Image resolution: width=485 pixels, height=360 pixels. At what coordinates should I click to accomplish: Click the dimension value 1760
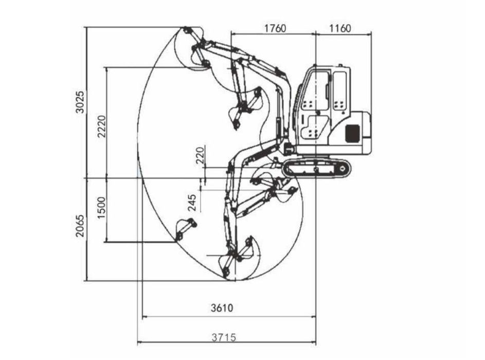(275, 28)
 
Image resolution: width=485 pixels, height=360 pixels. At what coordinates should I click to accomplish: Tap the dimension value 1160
(340, 28)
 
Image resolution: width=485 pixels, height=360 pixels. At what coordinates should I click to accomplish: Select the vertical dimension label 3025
(80, 102)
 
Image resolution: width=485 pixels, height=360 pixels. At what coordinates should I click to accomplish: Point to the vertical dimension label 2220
(102, 126)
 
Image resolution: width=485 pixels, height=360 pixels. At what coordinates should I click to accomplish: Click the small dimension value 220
(201, 155)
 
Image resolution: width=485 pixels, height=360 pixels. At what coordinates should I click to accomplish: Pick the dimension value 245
(192, 203)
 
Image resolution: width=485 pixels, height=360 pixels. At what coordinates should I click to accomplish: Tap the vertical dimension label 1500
(102, 208)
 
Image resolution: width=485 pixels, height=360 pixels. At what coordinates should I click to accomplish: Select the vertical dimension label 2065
(80, 226)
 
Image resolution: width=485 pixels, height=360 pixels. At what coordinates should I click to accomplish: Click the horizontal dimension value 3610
(222, 308)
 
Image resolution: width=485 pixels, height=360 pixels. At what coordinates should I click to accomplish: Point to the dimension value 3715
(224, 337)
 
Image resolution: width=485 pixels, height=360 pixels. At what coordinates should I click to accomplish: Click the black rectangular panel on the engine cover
(352, 133)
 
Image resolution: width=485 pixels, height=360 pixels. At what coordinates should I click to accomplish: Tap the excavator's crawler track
(317, 169)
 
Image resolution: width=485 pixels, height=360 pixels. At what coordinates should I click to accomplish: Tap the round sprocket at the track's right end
(343, 169)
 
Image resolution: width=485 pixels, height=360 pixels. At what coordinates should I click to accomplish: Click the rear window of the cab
(339, 91)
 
